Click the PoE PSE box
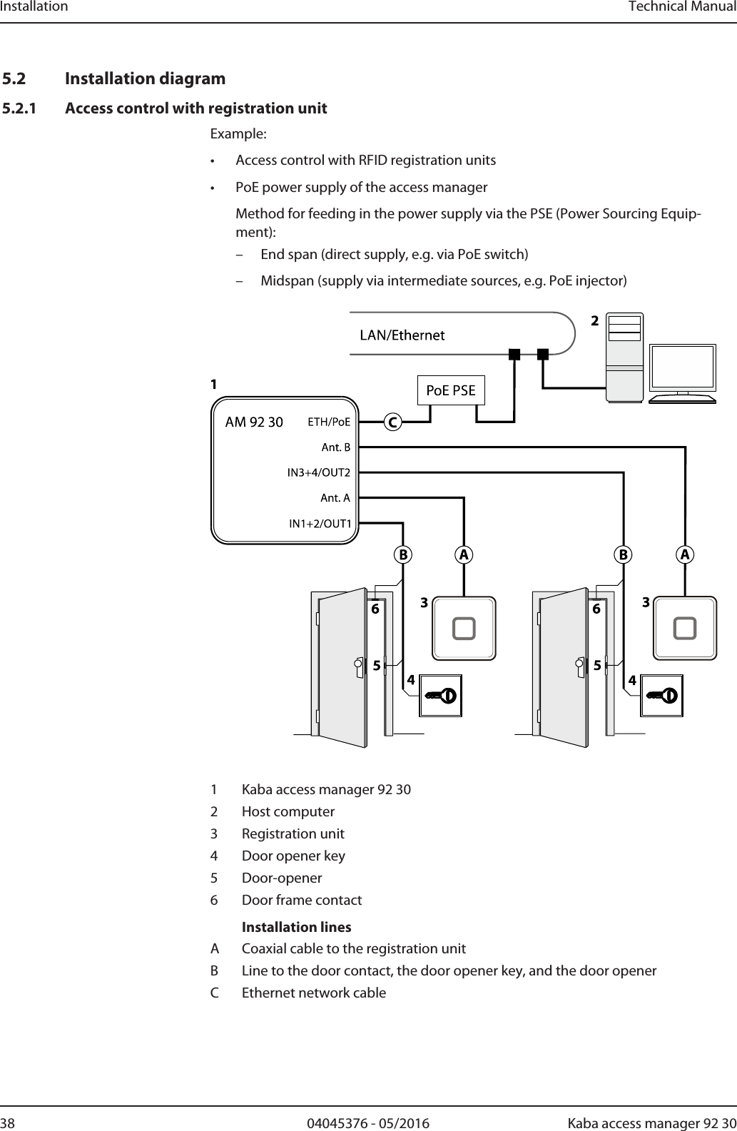(450, 390)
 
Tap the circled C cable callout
(392, 422)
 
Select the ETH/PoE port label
(329, 422)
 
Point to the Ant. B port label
(335, 447)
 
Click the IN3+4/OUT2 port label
(318, 472)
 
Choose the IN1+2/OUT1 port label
(320, 524)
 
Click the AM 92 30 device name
(254, 422)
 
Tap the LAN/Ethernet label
(402, 335)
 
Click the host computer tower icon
(624, 357)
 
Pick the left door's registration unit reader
(464, 628)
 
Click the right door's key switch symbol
(661, 695)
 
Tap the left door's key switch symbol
(440, 695)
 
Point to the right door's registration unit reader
(685, 628)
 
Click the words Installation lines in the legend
(296, 927)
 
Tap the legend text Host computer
(288, 811)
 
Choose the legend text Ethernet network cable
(314, 993)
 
